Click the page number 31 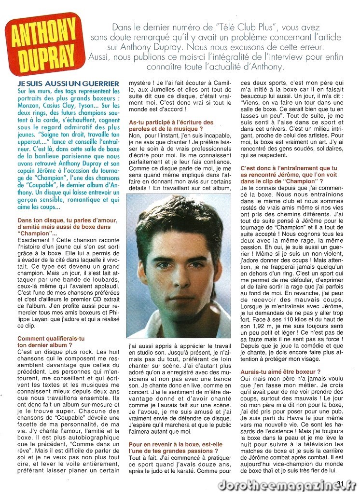tap(341, 483)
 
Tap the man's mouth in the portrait tap(181, 296)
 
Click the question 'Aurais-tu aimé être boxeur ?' tap(280, 372)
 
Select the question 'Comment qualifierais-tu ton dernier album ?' tap(51, 342)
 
